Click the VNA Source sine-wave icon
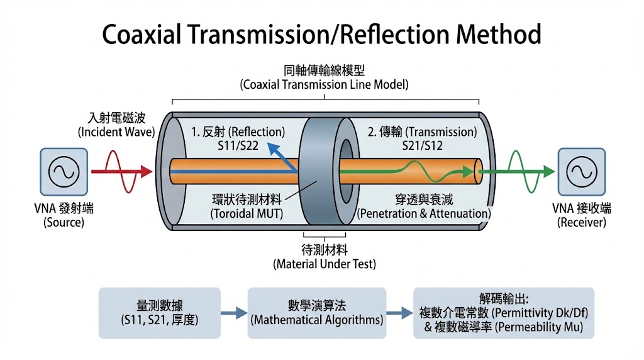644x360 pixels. (63, 171)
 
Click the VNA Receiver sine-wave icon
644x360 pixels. (582, 171)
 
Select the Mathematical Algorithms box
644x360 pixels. (317, 312)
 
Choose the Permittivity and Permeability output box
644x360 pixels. (503, 312)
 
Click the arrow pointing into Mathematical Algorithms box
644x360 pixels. (234, 313)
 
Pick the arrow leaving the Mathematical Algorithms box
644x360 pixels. (398, 313)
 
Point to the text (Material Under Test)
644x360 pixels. (325, 264)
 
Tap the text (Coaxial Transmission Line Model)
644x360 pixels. (325, 84)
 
